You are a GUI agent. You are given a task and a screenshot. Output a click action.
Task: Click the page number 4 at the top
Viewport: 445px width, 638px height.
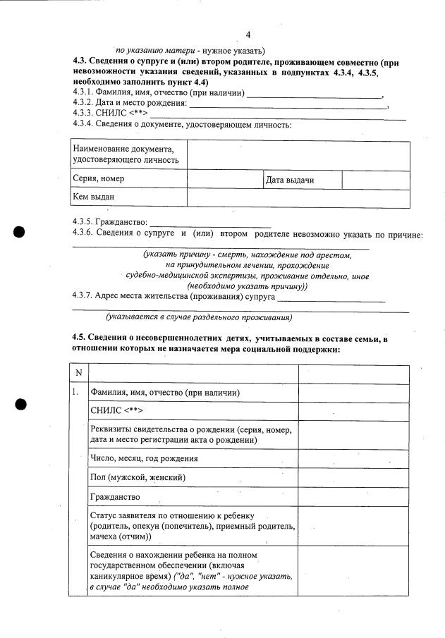248,35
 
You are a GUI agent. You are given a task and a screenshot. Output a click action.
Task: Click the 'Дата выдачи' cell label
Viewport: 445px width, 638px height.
289,180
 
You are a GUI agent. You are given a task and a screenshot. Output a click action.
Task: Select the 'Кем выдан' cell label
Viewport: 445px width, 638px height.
93,197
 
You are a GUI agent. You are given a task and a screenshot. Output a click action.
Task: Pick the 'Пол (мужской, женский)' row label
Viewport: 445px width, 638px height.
138,477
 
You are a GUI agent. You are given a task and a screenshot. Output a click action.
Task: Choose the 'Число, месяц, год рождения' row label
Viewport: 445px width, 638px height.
144,458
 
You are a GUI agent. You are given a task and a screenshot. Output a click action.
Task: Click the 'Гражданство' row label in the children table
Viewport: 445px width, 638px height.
115,496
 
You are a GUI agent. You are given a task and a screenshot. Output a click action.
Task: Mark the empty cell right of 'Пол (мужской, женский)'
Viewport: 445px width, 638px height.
353,477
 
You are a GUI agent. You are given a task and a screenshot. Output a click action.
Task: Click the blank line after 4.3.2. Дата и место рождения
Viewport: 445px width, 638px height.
289,104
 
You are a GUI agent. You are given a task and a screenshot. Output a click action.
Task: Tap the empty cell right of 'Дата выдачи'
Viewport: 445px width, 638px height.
375,180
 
